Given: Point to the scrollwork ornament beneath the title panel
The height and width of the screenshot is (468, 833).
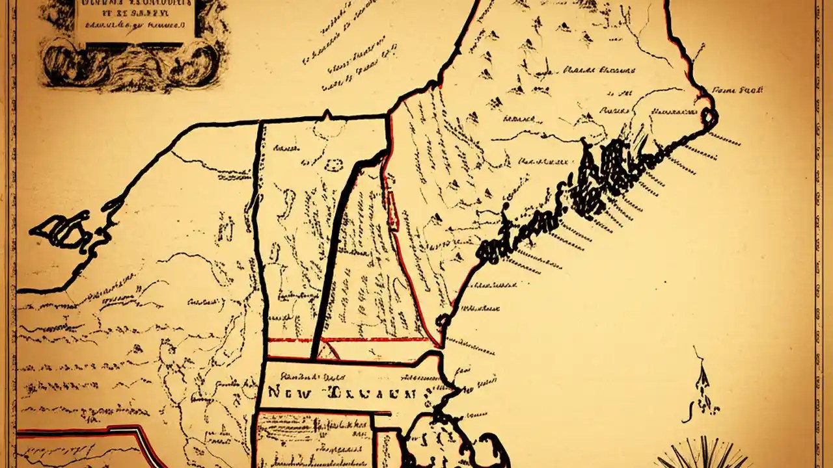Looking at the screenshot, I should [x=133, y=65].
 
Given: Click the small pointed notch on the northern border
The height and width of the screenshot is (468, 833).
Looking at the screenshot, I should [x=327, y=115].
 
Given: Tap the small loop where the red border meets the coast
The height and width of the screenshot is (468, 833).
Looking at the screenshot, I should [x=444, y=320].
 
